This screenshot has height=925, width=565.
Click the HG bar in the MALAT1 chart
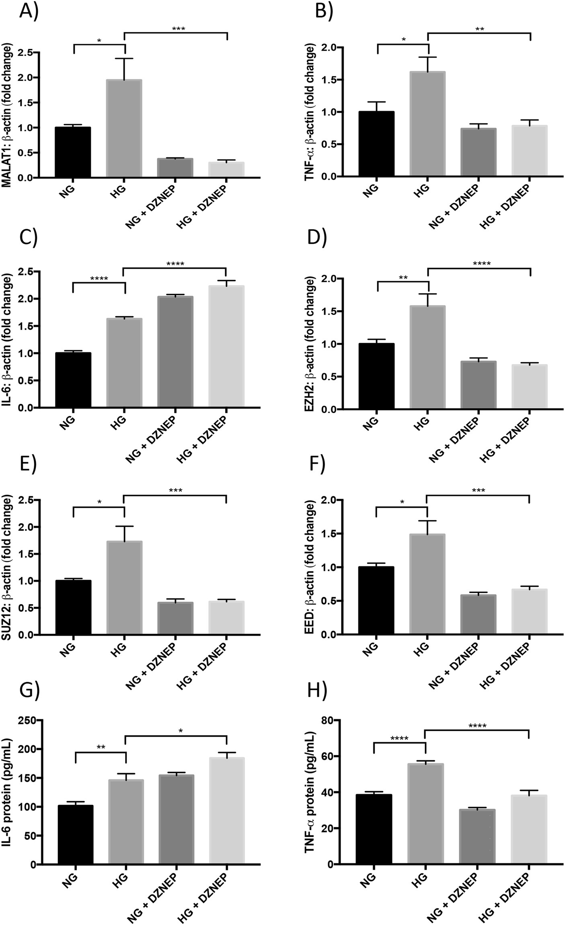pyautogui.click(x=124, y=129)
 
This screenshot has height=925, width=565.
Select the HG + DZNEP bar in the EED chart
pyautogui.click(x=529, y=612)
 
